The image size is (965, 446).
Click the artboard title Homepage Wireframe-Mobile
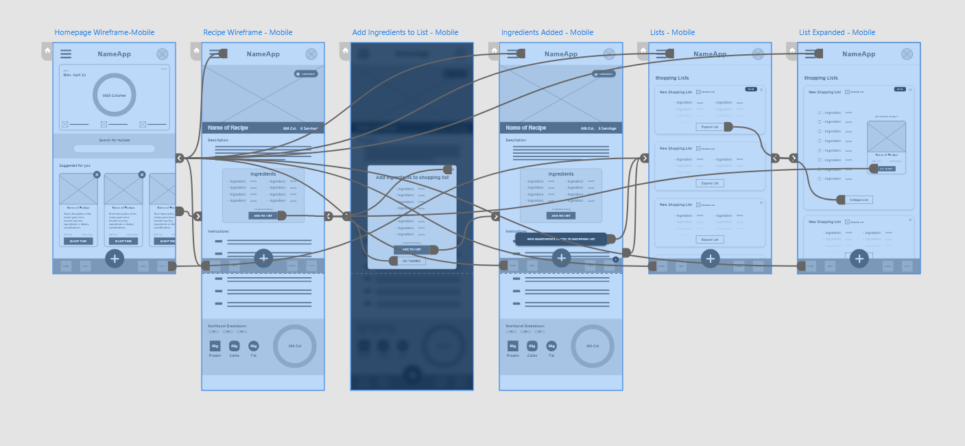click(x=104, y=32)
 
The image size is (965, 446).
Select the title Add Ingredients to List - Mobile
click(x=405, y=32)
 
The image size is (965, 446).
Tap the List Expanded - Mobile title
click(x=837, y=32)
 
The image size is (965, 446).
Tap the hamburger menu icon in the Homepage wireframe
click(x=66, y=54)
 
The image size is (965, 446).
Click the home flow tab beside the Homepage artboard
click(x=47, y=50)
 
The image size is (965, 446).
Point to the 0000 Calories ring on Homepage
click(x=114, y=95)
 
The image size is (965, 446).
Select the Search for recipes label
click(x=114, y=140)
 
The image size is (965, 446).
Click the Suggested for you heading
click(x=75, y=165)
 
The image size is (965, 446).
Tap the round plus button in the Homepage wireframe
click(x=115, y=258)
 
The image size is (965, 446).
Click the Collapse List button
click(x=859, y=200)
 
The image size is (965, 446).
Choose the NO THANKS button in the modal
click(x=412, y=261)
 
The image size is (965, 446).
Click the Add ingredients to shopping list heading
click(x=412, y=177)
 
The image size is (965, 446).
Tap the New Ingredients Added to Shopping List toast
click(x=561, y=239)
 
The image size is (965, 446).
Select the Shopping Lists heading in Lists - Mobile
click(x=672, y=78)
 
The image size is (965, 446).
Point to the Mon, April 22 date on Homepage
click(x=75, y=74)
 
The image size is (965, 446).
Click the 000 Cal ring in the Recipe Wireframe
click(x=295, y=346)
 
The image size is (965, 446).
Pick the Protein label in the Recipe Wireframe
click(x=215, y=355)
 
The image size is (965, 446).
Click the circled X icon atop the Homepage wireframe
click(x=162, y=54)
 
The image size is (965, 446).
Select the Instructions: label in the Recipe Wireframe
click(x=219, y=231)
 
